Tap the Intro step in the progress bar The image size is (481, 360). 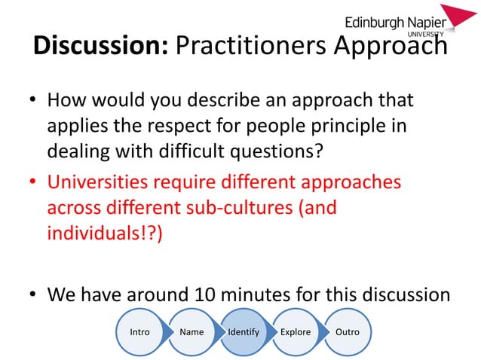[139, 332]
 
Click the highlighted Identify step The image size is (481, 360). [243, 332]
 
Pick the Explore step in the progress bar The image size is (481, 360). [295, 332]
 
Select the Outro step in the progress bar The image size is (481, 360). [347, 332]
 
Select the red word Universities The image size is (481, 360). [96, 184]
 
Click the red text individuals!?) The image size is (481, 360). [104, 232]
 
